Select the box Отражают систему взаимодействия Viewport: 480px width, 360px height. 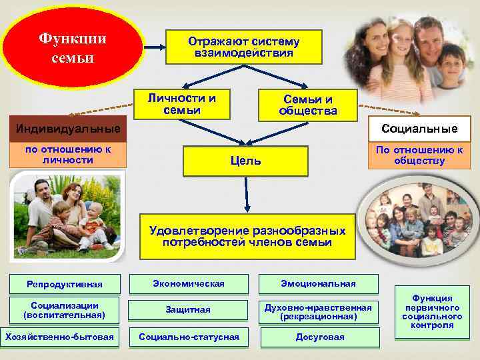tap(243, 47)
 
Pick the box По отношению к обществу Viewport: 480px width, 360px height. tap(419, 155)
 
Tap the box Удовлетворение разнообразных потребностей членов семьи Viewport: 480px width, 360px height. tap(247, 236)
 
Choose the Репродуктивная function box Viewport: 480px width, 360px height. tap(64, 285)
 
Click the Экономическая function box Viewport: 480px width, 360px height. tap(188, 284)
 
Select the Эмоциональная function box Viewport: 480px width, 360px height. tap(317, 284)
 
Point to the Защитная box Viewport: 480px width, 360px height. tap(188, 309)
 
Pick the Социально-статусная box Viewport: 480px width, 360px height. tap(188, 337)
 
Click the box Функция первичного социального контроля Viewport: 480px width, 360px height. tap(432, 311)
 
